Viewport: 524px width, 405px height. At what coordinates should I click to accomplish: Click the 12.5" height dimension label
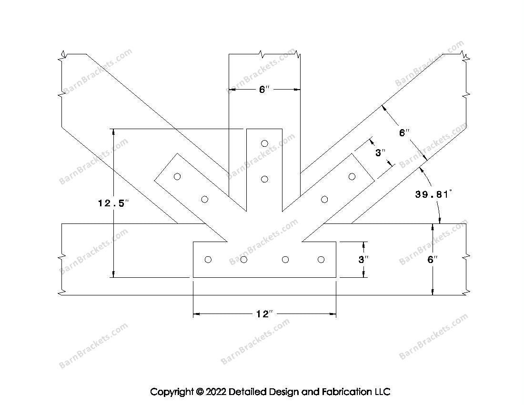113,203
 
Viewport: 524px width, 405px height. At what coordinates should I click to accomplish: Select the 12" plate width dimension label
264,314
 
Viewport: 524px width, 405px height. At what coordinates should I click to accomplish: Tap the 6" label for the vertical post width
264,90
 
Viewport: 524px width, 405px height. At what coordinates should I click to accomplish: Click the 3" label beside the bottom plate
363,260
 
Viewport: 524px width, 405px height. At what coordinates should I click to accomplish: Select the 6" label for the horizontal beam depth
432,260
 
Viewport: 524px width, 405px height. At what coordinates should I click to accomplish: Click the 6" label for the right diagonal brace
404,133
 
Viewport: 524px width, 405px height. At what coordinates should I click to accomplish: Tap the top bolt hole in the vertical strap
264,143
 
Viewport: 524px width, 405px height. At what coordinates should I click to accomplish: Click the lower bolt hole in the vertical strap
264,179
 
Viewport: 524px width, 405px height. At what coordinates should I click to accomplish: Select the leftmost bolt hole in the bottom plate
208,259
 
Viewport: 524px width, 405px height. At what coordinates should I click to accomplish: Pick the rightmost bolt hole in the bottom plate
321,259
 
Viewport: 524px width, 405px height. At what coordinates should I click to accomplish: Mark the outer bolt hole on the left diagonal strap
177,177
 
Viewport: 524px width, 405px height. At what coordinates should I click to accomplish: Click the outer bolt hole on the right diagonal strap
352,177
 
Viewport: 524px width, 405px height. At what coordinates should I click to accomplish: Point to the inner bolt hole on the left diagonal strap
205,199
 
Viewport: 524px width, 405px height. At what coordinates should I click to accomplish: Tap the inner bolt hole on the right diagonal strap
324,199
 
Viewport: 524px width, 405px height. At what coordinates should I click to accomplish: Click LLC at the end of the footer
382,392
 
